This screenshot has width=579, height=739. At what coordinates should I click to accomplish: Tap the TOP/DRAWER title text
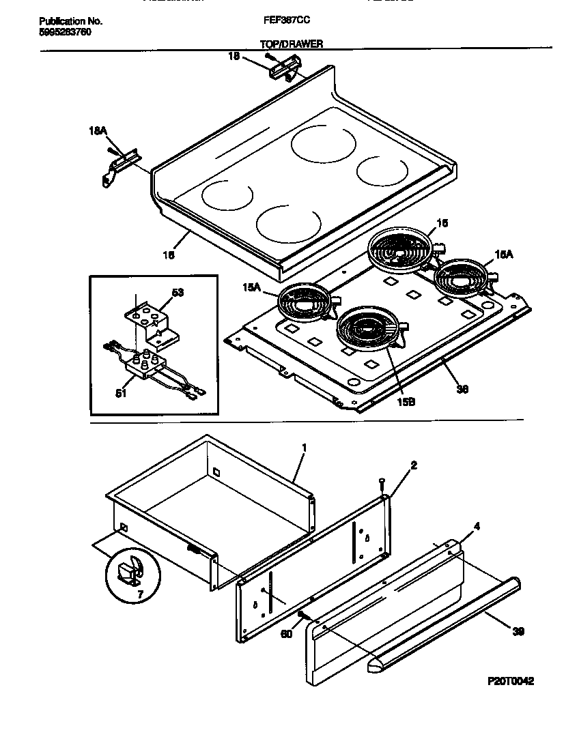[x=292, y=44]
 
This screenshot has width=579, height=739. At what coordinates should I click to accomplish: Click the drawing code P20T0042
[x=511, y=681]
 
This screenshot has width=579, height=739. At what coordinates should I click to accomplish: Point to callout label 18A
[x=98, y=130]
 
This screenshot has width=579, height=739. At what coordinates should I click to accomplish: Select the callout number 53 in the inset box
[x=178, y=293]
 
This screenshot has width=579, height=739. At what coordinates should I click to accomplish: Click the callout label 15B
[x=406, y=403]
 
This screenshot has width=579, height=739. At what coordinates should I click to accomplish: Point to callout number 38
[x=462, y=389]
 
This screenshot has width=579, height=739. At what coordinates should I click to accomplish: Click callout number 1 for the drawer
[x=305, y=448]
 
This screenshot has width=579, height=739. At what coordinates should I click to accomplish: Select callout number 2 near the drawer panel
[x=413, y=465]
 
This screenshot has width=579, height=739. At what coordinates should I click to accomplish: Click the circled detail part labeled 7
[x=130, y=570]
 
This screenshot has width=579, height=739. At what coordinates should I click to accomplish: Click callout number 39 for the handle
[x=518, y=632]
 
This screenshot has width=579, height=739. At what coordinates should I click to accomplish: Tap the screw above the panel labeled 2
[x=383, y=484]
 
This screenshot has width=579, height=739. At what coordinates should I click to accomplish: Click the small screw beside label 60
[x=300, y=616]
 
